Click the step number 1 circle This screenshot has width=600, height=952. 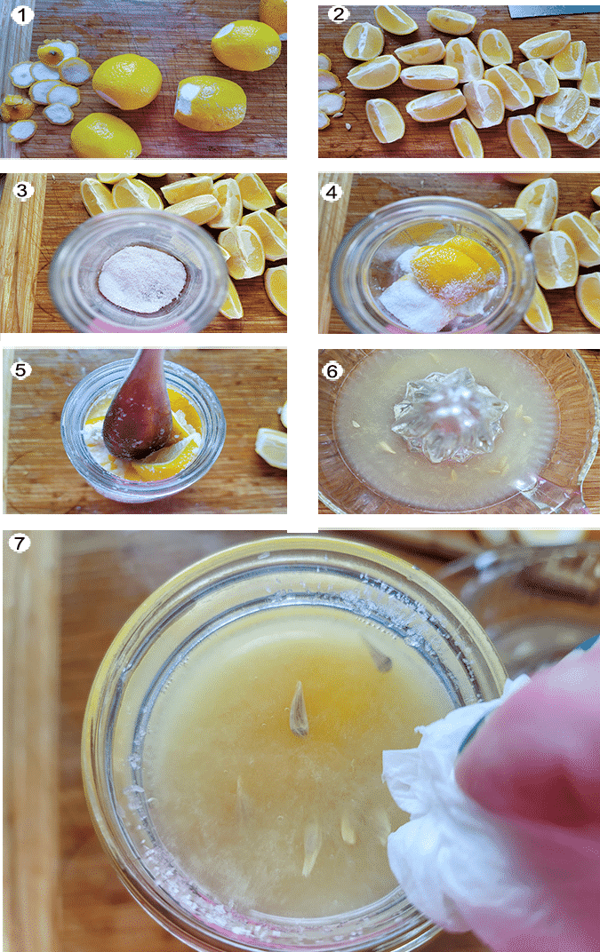click(22, 14)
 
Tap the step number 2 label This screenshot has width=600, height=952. click(339, 14)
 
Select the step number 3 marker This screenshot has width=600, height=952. click(22, 190)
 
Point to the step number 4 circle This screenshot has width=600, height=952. click(332, 192)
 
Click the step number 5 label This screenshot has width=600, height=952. click(21, 369)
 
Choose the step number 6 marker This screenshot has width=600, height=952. click(332, 369)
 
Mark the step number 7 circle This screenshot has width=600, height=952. click(20, 543)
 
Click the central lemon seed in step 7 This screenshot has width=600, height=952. click(298, 710)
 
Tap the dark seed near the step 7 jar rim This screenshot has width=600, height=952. click(378, 655)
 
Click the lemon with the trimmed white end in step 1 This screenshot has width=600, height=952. click(210, 103)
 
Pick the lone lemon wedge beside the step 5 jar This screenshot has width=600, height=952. click(271, 448)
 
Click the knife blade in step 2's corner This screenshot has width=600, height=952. click(553, 10)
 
